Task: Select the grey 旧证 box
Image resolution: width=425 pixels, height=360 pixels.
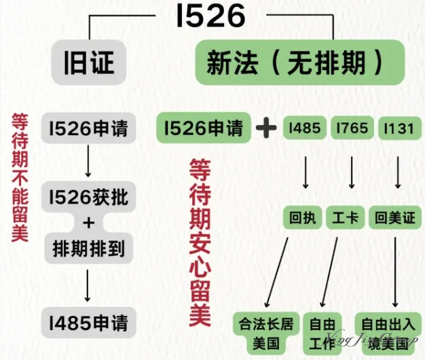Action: [x=89, y=62]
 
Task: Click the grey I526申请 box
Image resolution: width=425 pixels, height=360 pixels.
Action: [x=89, y=128]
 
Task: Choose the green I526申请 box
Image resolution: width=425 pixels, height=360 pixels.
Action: [x=204, y=128]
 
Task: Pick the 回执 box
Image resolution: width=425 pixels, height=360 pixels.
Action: [x=300, y=218]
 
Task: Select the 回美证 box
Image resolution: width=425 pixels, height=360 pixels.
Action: [x=395, y=218]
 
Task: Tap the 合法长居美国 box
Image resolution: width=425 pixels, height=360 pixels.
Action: [x=263, y=332]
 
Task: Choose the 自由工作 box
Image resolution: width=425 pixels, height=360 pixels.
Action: [x=323, y=332]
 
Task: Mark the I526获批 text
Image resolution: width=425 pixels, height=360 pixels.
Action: [x=89, y=198]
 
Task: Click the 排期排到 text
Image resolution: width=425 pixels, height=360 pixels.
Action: [x=89, y=249]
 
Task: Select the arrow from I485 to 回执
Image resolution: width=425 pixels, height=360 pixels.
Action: [x=305, y=173]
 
